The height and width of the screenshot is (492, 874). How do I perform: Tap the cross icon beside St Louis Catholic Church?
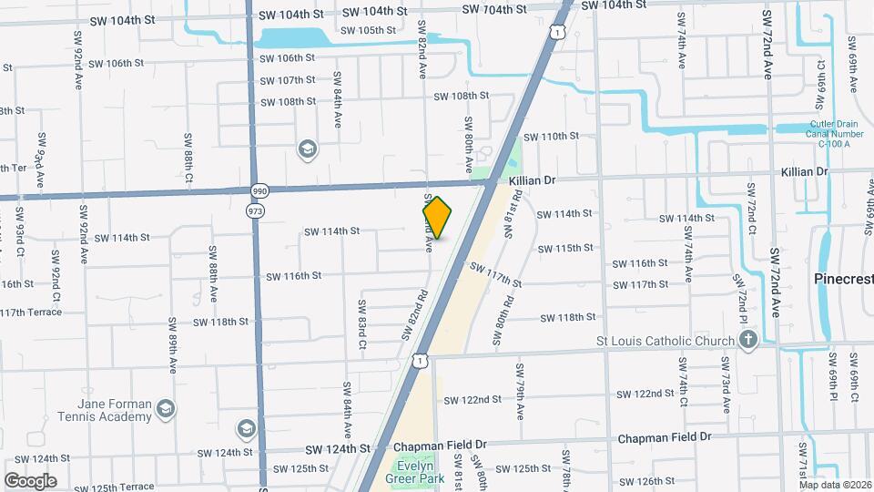tap(748, 341)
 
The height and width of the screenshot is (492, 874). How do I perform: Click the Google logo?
tap(30, 480)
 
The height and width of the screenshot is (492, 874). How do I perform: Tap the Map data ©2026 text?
tap(834, 485)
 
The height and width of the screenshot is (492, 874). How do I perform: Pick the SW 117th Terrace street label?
tap(31, 313)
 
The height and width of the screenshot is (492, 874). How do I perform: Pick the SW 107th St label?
tap(288, 80)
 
